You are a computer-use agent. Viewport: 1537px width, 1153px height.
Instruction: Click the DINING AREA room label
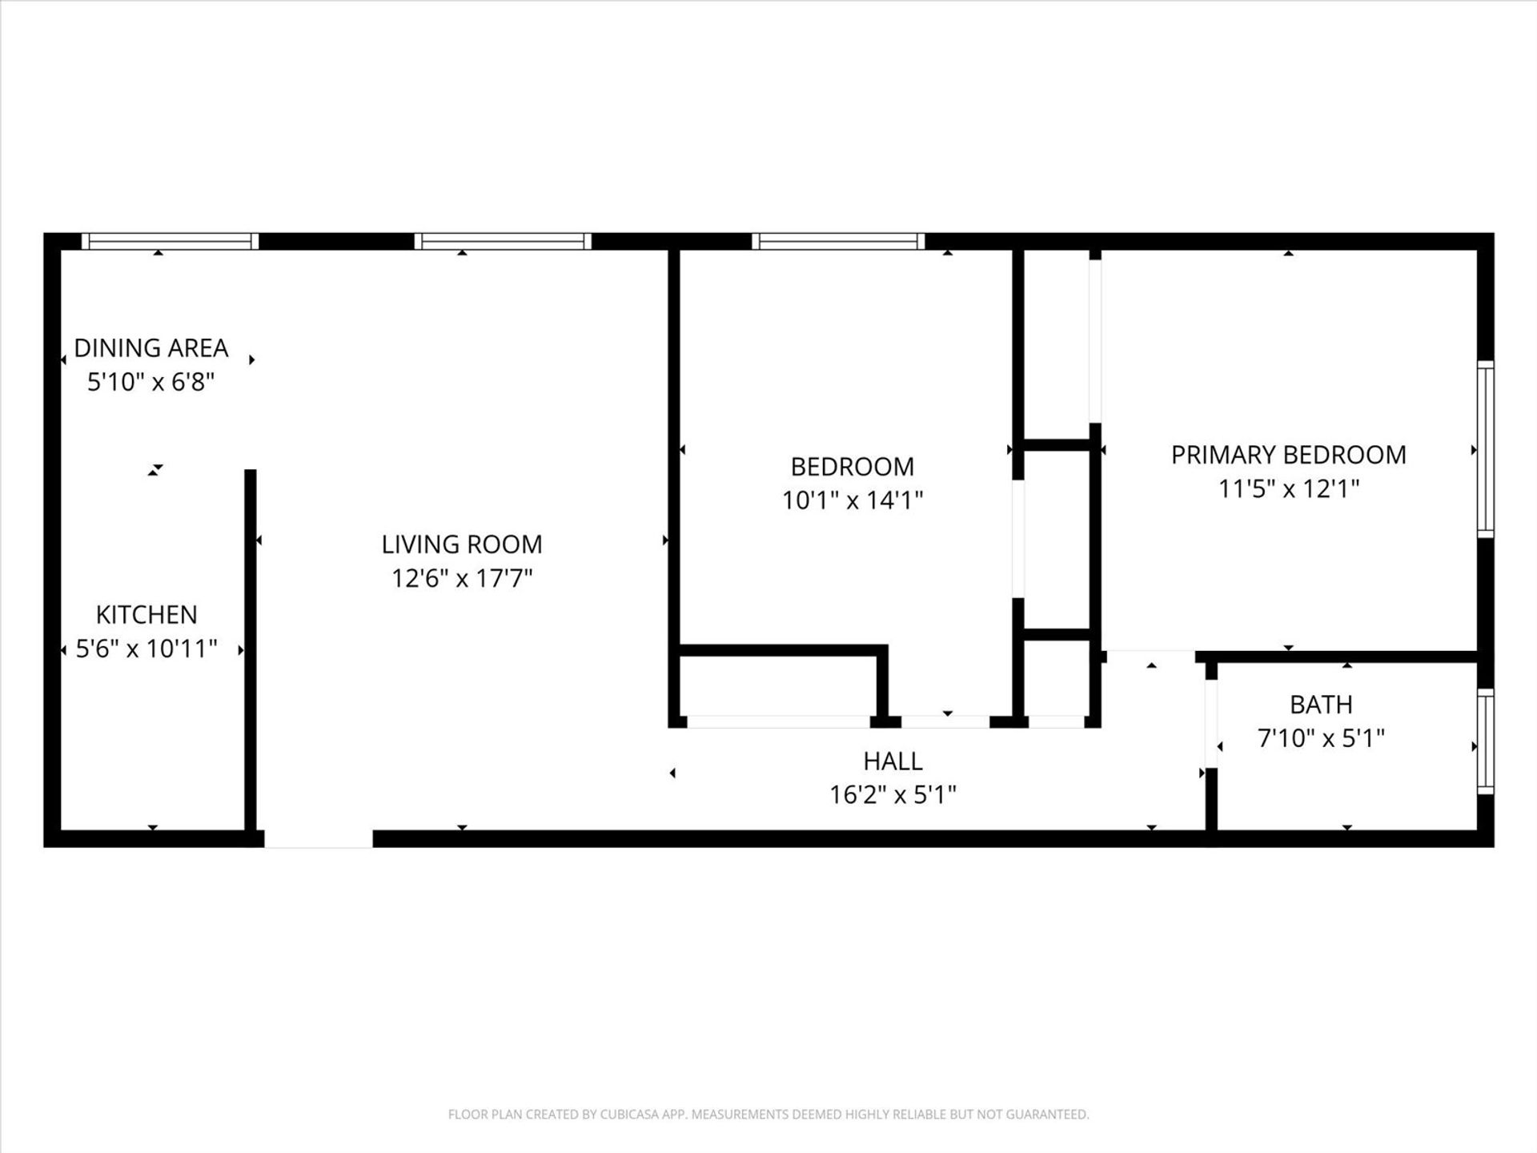(151, 348)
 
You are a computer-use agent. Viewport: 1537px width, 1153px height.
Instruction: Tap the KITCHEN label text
(146, 615)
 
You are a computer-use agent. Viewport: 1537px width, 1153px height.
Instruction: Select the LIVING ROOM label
(462, 544)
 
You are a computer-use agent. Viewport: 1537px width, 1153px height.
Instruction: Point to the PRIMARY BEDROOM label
(1289, 455)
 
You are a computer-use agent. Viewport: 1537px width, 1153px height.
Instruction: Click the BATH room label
(1321, 705)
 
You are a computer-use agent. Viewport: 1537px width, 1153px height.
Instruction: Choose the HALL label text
(893, 761)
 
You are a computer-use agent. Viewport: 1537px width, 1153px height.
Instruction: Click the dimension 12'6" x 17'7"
(462, 578)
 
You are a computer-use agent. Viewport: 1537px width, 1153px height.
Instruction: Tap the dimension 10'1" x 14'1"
(853, 500)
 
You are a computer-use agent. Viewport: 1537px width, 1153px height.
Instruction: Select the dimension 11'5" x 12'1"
(1289, 488)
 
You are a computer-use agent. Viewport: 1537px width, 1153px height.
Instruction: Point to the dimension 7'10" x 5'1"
(1321, 738)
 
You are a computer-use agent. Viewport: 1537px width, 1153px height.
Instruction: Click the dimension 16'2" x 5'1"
(893, 795)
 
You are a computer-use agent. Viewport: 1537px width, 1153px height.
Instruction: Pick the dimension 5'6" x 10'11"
(146, 649)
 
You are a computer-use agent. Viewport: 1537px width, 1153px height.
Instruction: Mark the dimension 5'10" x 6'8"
(151, 382)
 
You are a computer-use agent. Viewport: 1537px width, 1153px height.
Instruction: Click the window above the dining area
(170, 241)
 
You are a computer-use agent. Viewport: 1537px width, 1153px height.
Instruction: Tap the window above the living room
(503, 241)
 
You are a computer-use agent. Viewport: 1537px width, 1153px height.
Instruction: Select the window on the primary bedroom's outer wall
(1485, 449)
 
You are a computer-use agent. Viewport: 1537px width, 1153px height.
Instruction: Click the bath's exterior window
(1485, 741)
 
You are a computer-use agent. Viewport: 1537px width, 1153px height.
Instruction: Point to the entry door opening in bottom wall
(319, 838)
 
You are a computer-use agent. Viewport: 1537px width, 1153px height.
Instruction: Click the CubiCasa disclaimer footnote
(768, 1115)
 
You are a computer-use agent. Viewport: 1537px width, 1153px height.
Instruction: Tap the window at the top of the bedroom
(838, 241)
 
